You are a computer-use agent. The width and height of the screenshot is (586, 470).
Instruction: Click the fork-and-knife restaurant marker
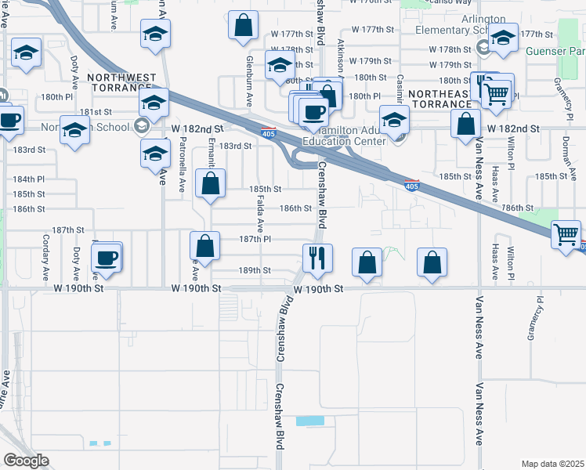317,258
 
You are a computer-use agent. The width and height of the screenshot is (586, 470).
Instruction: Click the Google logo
26,461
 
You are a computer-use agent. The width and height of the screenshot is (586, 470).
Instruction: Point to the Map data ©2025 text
552,464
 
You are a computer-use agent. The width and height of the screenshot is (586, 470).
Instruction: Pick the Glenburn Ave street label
249,81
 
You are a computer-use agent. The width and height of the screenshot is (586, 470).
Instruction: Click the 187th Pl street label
255,239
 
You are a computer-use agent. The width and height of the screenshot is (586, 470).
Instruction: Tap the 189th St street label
255,270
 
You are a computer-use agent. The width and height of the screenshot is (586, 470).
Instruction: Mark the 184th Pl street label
29,179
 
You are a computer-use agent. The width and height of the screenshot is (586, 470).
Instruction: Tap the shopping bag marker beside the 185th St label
210,185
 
